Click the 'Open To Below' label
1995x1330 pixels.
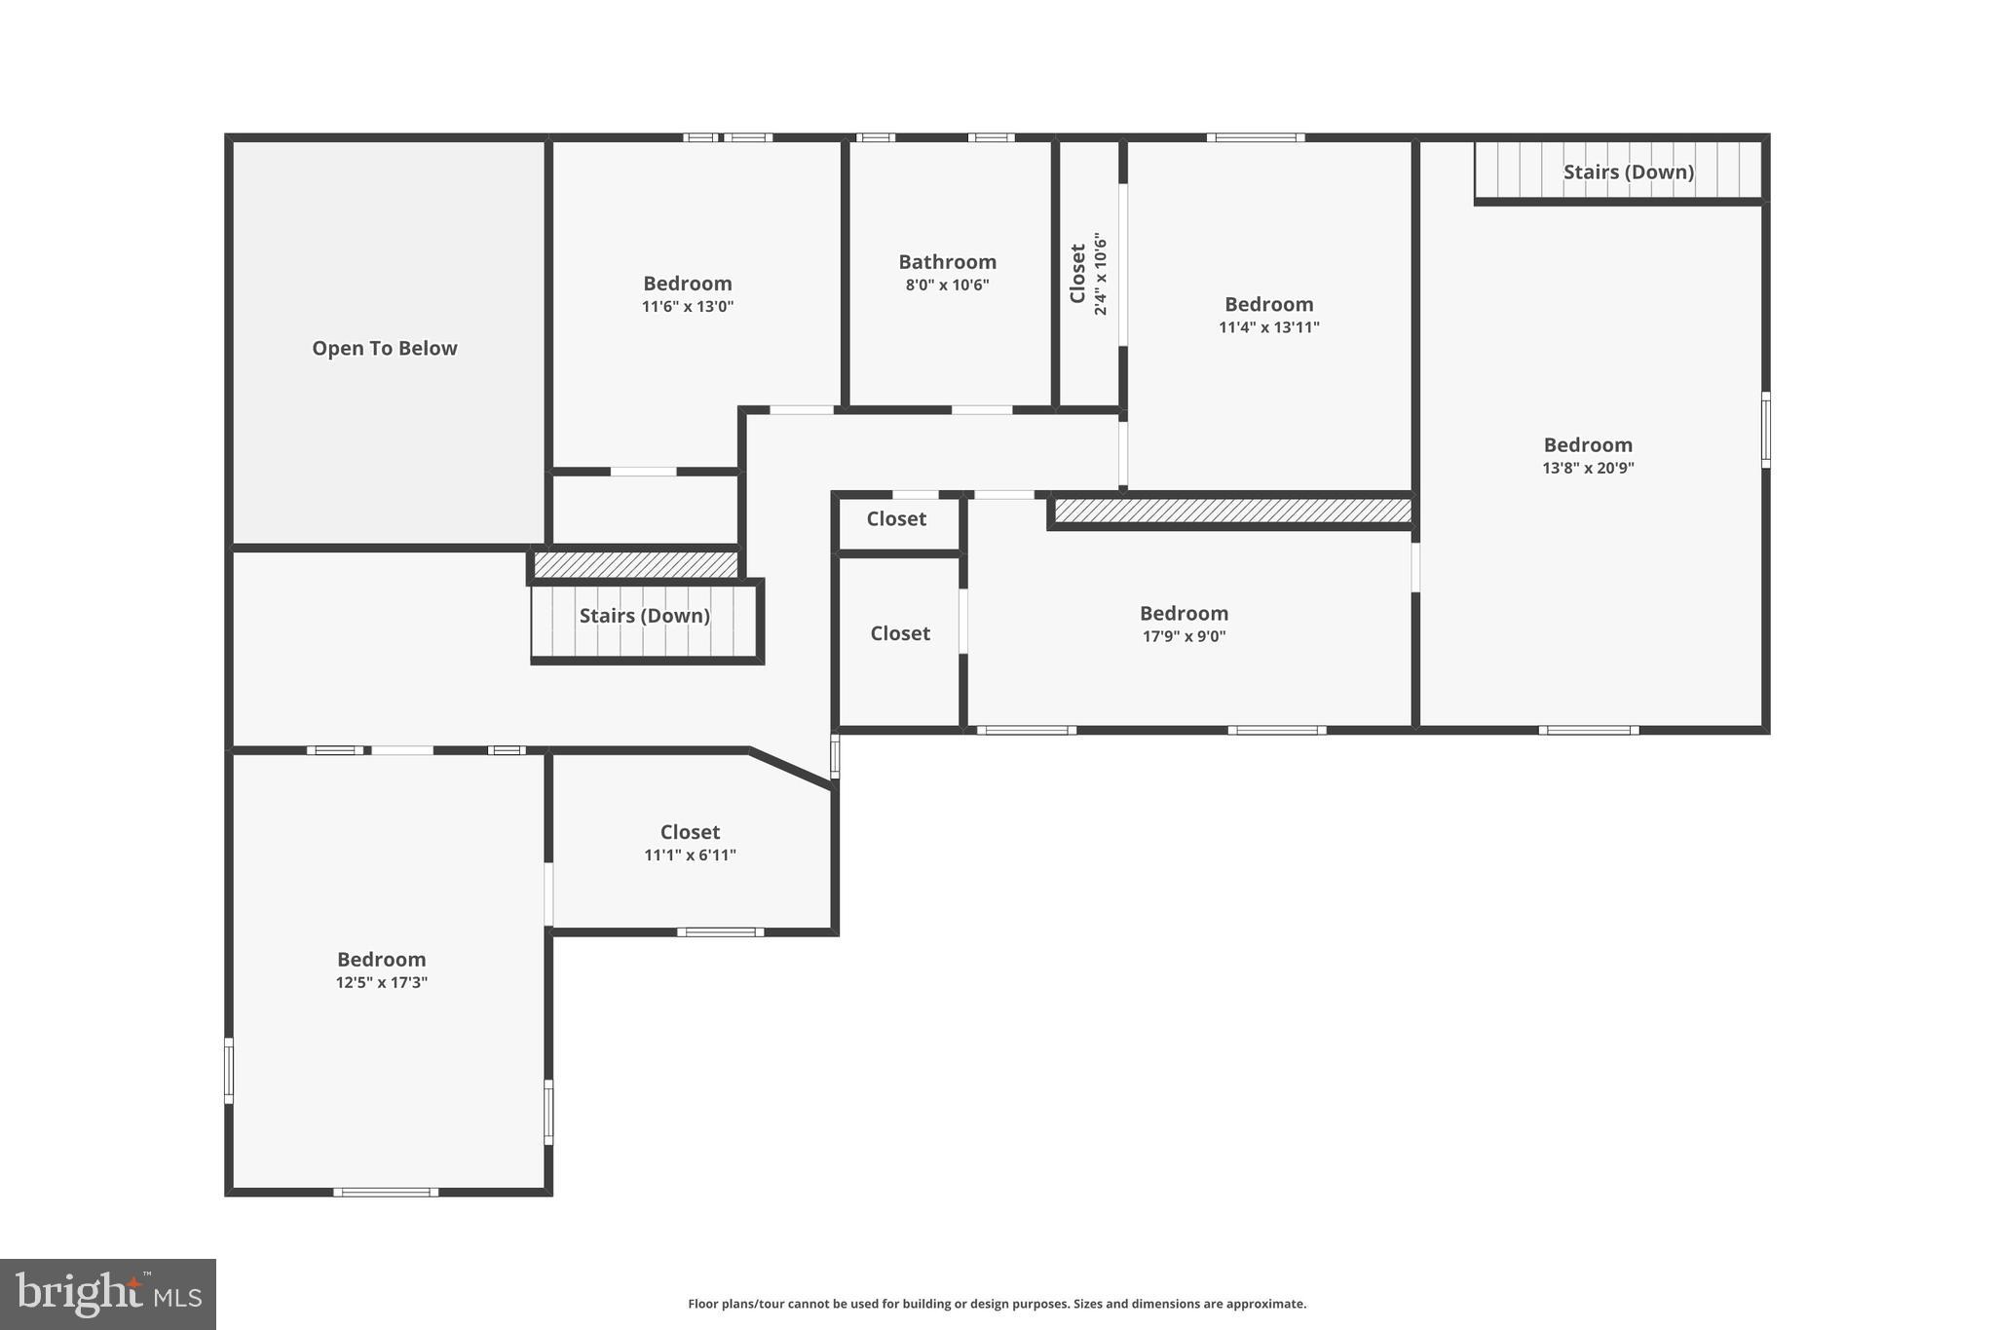coord(384,348)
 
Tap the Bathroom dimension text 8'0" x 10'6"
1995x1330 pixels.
coord(947,285)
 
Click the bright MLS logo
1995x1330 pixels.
coord(107,1294)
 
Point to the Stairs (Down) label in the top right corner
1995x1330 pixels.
coord(1628,172)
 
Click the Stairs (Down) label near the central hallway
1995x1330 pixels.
coord(644,616)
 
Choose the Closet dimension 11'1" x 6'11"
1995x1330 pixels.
coord(690,855)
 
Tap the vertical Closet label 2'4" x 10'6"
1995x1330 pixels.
coord(1089,274)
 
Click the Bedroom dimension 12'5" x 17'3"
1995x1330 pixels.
coord(381,982)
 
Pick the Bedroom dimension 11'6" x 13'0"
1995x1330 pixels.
coord(687,307)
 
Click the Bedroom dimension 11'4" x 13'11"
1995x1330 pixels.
coord(1268,327)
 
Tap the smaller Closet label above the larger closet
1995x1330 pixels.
coord(896,519)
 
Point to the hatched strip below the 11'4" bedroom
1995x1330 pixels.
coord(1232,511)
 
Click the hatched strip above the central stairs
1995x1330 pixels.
coord(635,564)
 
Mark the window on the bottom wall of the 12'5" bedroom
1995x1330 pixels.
coord(386,1192)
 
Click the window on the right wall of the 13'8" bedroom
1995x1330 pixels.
coord(1765,430)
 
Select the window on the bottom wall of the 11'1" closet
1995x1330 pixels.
coord(720,932)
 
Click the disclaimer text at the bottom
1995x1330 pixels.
coord(997,1304)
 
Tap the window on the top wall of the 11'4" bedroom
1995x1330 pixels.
coord(1255,137)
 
